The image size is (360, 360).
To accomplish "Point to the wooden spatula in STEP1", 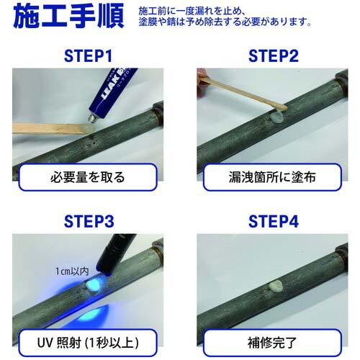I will coord(47,129).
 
